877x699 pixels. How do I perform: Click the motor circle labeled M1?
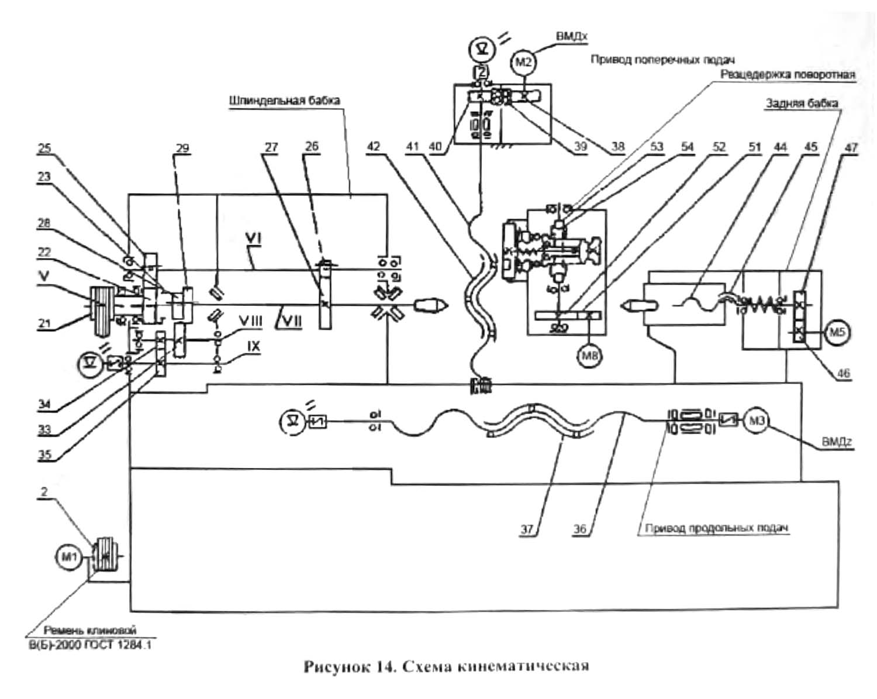click(x=69, y=557)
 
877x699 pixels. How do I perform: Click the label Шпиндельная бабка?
click(x=285, y=101)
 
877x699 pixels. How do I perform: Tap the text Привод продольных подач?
click(x=717, y=528)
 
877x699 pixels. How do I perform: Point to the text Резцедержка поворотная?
click(x=788, y=74)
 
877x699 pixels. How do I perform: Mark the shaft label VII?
click(x=290, y=320)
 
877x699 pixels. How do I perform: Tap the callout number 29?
click(x=182, y=147)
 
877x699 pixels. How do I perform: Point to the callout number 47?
click(x=851, y=147)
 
